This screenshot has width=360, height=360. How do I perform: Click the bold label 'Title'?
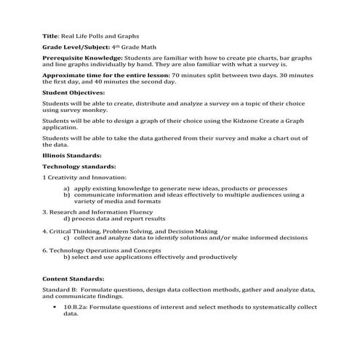coord(50,34)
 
